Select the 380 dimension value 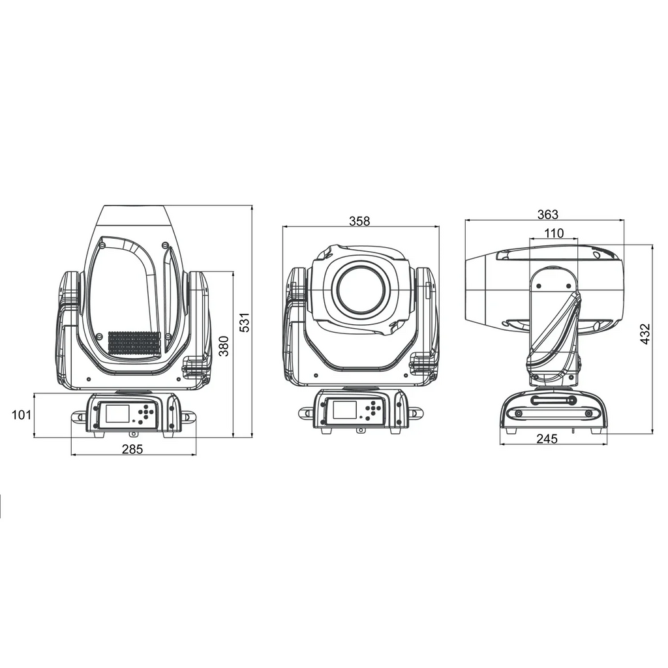point(224,346)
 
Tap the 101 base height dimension point(22,414)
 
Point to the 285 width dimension point(132,449)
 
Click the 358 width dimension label point(359,221)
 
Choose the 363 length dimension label point(547,214)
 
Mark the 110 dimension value point(554,233)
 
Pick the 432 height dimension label point(645,334)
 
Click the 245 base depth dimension point(547,438)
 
